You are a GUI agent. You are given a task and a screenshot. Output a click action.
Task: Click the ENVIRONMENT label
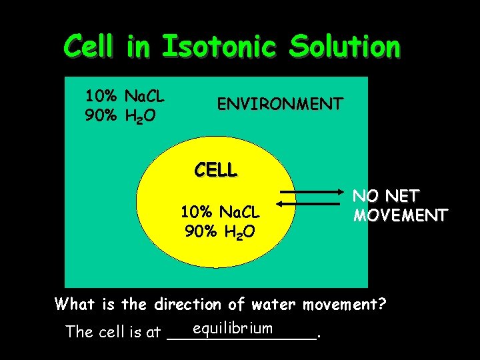click(x=280, y=104)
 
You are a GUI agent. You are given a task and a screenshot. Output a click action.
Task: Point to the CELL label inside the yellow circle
click(x=215, y=170)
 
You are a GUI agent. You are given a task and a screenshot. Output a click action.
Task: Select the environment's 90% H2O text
click(x=121, y=117)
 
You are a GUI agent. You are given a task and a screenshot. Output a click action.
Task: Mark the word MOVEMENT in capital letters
click(x=400, y=216)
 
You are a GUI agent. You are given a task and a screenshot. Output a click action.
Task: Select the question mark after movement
click(x=382, y=305)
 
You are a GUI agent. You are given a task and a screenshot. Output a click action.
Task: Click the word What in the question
click(x=75, y=305)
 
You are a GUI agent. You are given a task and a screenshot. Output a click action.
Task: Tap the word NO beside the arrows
click(x=365, y=196)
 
